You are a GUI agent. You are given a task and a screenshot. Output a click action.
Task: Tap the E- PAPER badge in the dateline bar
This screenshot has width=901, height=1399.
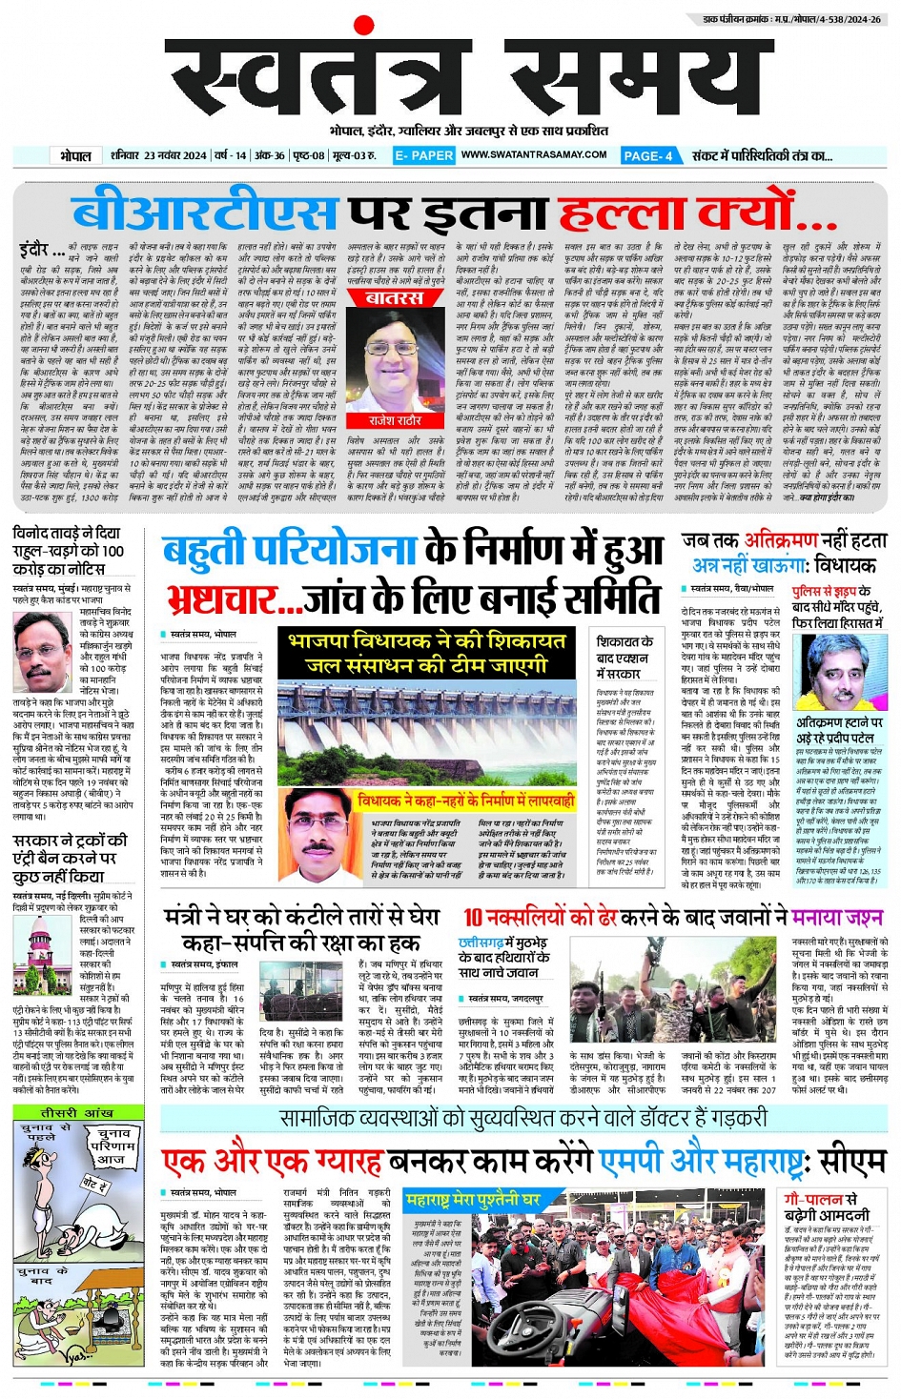[424, 155]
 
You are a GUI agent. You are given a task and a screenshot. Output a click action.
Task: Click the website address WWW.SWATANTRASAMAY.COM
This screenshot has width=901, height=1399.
[534, 154]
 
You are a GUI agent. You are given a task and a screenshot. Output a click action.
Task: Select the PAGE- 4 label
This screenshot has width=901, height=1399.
[648, 155]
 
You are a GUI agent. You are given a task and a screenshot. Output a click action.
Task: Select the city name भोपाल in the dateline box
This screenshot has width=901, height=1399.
[76, 155]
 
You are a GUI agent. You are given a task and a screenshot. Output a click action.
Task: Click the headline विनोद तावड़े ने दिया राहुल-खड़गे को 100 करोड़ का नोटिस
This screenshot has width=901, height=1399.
[69, 551]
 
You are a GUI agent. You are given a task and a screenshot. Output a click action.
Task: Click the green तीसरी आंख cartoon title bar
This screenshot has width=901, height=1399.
[76, 1113]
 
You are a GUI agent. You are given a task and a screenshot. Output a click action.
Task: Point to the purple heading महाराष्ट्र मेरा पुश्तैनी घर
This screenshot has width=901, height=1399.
[473, 1200]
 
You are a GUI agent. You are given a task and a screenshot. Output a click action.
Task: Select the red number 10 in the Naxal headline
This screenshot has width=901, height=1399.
[474, 918]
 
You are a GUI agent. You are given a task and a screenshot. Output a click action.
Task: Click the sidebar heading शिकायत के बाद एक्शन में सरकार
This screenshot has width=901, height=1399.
[625, 658]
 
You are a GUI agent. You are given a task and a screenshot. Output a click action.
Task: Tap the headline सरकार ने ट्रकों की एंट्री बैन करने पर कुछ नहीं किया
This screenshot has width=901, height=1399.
[70, 858]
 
